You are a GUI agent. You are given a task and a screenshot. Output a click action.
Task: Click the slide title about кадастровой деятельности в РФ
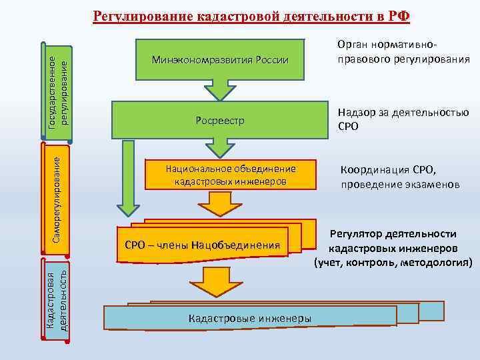[x=251, y=15]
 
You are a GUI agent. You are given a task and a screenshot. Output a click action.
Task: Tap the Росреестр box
[x=220, y=120]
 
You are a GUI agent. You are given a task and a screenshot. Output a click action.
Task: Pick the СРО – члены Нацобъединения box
[x=202, y=245]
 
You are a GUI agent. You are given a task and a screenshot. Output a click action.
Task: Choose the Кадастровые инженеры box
[x=249, y=318]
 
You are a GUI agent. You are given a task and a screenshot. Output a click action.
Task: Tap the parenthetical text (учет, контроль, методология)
[x=393, y=263]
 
